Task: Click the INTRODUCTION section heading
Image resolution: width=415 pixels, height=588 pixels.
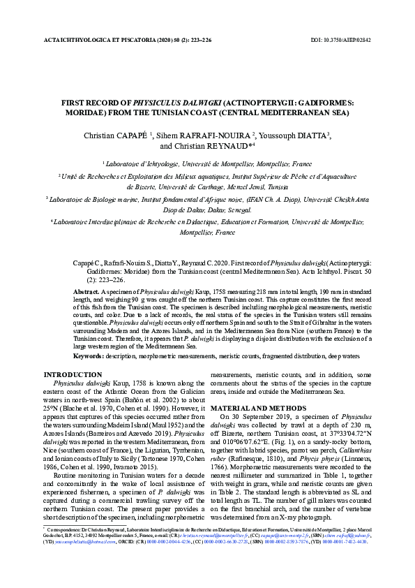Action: click(73, 374)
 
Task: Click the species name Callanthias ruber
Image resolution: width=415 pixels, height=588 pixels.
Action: click(342, 454)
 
